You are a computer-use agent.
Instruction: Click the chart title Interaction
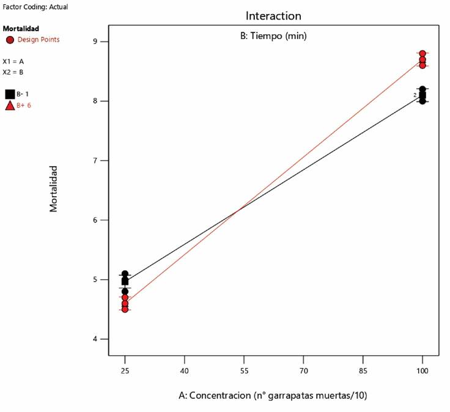[x=273, y=15]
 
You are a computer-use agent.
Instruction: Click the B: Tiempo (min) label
[x=273, y=36]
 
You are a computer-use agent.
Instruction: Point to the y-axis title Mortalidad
[x=54, y=188]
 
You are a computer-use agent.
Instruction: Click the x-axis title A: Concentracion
[x=273, y=395]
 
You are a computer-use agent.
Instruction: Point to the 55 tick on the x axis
[x=244, y=371]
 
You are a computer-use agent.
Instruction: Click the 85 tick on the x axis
[x=363, y=371]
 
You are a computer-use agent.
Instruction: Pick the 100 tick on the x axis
[x=422, y=371]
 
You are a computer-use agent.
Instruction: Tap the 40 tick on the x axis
[x=184, y=371]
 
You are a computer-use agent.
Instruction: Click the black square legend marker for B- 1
[x=10, y=94]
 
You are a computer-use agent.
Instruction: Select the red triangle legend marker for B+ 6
[x=10, y=106]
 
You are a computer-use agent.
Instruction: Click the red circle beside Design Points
[x=10, y=40]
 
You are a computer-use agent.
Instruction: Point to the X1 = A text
[x=13, y=62]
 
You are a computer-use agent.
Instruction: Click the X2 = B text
[x=13, y=72]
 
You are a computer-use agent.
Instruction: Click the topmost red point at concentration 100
[x=422, y=54]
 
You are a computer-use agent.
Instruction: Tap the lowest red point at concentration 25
[x=125, y=309]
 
